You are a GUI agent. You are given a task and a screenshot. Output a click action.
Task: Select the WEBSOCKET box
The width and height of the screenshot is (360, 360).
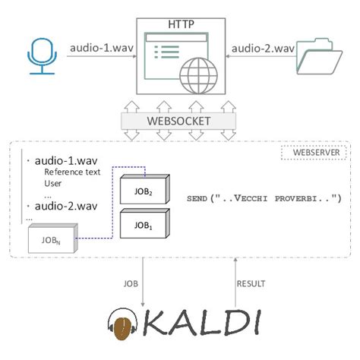(179, 122)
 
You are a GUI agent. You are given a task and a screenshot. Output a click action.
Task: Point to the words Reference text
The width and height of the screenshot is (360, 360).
(66, 173)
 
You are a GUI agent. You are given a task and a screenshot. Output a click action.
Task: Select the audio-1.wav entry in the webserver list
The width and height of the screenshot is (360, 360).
(63, 162)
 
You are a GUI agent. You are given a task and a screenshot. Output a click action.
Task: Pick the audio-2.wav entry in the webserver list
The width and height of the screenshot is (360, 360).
(63, 206)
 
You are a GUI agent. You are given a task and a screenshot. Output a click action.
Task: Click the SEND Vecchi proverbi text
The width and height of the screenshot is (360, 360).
(257, 198)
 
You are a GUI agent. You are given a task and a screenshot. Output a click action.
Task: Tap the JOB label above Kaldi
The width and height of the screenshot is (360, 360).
(131, 283)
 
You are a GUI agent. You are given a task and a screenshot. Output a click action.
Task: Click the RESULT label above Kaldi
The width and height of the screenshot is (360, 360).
(251, 283)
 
